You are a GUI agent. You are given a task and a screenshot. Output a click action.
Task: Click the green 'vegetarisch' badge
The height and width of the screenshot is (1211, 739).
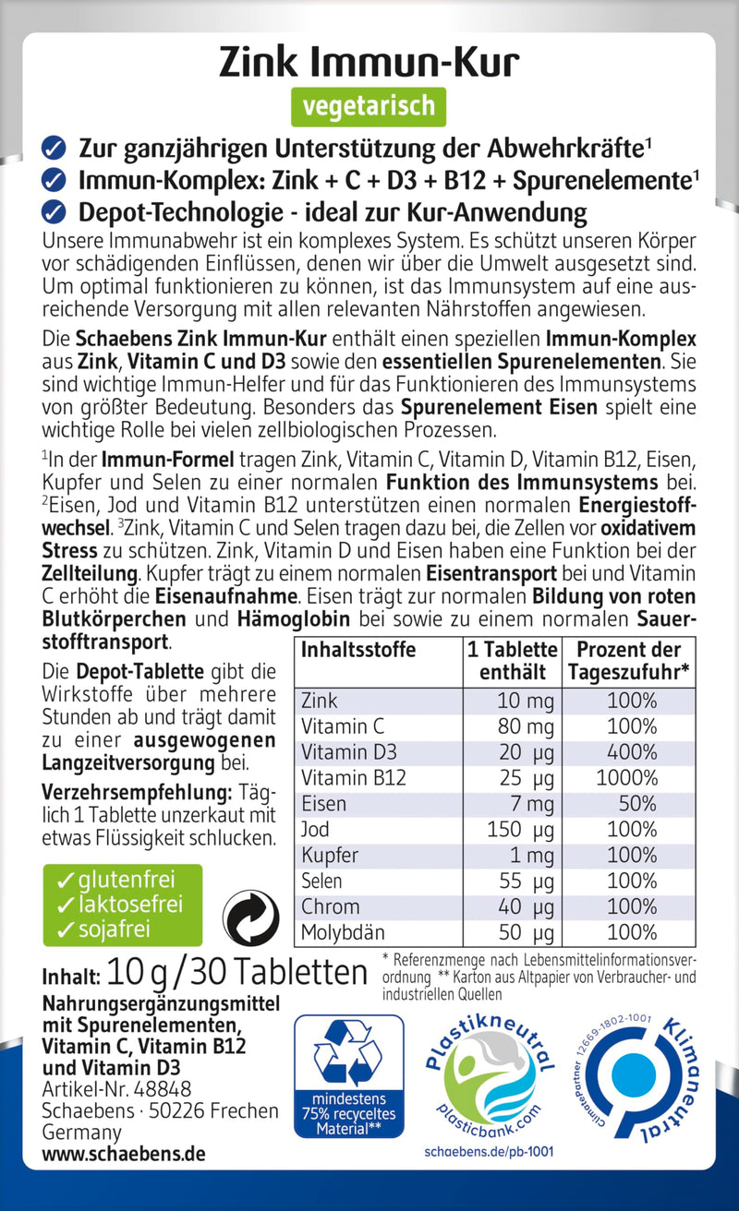(369, 106)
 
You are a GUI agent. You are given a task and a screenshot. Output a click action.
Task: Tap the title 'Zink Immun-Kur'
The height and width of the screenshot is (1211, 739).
(369, 61)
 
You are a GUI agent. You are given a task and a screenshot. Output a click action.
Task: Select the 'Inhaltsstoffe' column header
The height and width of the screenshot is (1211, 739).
(358, 650)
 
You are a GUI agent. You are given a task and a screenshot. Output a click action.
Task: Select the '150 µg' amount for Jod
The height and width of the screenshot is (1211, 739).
(522, 830)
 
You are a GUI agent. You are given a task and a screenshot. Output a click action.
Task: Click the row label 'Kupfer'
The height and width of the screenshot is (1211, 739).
(330, 856)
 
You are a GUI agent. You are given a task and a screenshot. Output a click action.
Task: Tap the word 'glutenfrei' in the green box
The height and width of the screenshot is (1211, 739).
(115, 879)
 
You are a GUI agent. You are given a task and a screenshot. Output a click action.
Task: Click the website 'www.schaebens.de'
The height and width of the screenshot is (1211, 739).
(124, 1154)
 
